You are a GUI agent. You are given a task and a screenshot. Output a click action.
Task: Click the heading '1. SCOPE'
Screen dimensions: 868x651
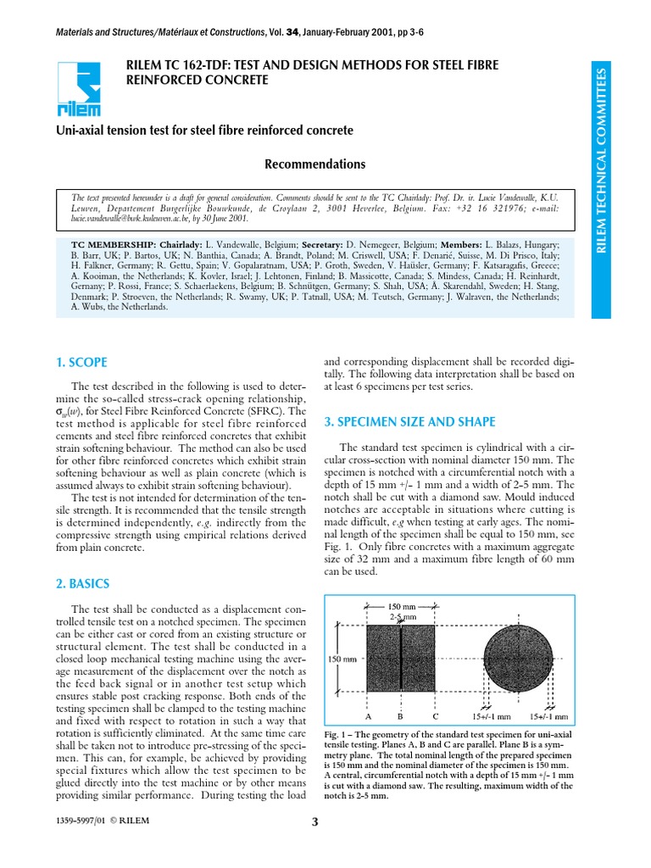click(x=83, y=362)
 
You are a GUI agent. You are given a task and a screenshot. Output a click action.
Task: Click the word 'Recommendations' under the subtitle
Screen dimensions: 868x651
click(x=303, y=164)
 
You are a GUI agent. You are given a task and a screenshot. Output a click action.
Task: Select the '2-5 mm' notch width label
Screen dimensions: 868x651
click(x=402, y=617)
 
